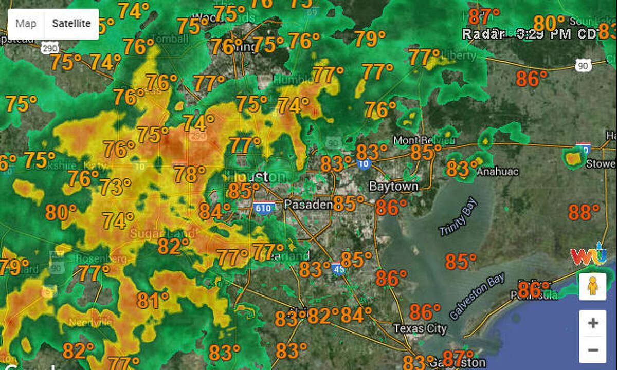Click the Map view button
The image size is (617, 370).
pyautogui.click(x=26, y=24)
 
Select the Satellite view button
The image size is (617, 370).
pyautogui.click(x=71, y=24)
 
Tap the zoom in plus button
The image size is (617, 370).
pyautogui.click(x=593, y=323)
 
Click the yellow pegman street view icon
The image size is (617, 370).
pyautogui.click(x=593, y=286)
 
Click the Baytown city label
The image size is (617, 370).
pyautogui.click(x=393, y=186)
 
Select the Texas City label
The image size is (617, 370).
pyautogui.click(x=420, y=328)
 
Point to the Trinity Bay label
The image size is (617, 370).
pyautogui.click(x=459, y=217)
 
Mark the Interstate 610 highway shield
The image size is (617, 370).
pyautogui.click(x=264, y=207)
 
